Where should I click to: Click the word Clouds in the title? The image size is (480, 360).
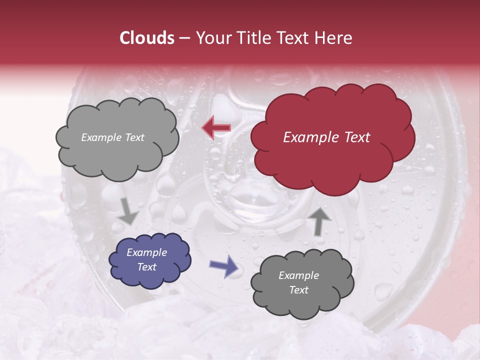(x=147, y=38)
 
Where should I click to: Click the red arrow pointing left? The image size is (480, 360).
(x=216, y=127)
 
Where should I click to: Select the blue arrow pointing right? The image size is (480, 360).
(x=223, y=266)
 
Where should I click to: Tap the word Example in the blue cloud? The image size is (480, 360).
(x=146, y=252)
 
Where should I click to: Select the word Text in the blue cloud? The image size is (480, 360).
(x=146, y=267)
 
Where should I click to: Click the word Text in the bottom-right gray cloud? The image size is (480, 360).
(x=298, y=290)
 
